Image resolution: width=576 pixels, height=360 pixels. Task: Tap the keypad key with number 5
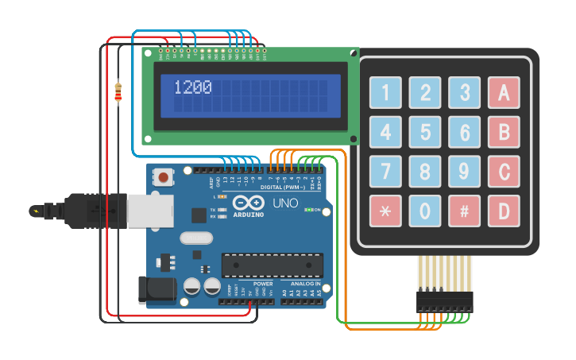(x=425, y=132)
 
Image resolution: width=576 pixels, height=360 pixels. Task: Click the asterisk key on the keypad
(x=385, y=211)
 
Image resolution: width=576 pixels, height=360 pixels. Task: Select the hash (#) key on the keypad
(x=464, y=211)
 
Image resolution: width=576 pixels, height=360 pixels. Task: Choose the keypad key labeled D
(x=504, y=211)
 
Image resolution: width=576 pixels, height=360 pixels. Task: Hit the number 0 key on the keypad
(x=425, y=211)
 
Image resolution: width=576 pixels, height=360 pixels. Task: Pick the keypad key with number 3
(x=464, y=92)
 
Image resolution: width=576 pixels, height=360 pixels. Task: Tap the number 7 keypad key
(x=385, y=171)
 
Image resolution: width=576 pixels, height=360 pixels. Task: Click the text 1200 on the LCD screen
(x=193, y=87)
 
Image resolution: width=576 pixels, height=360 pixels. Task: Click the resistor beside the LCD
(x=118, y=94)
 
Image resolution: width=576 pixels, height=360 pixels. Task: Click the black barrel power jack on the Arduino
(x=156, y=290)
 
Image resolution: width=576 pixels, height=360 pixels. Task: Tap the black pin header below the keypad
(x=444, y=300)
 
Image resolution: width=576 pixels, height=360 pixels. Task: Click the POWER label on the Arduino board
(x=263, y=283)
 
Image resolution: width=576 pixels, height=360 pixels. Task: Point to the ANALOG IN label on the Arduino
(x=305, y=283)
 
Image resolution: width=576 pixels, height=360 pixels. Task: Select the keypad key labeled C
(x=504, y=171)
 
